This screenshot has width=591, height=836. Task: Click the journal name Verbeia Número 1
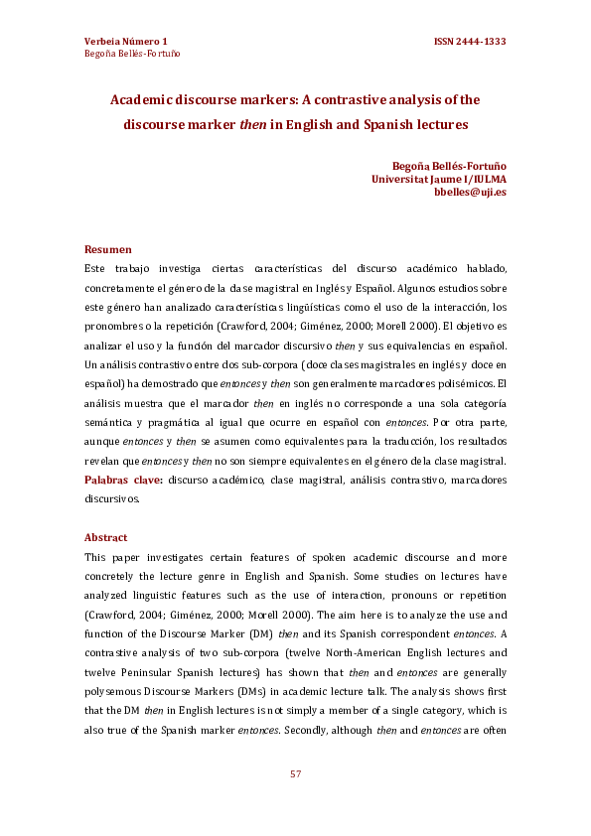tap(126, 41)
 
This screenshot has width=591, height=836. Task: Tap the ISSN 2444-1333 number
tap(470, 41)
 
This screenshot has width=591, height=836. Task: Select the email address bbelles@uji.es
tap(470, 193)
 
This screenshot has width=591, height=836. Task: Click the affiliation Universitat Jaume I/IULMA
tap(438, 179)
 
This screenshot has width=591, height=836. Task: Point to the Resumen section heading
tap(108, 249)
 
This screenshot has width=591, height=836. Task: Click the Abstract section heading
tap(106, 537)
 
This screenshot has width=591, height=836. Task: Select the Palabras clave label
tap(123, 480)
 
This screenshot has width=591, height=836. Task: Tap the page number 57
tap(295, 773)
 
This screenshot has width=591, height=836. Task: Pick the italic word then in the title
tap(252, 125)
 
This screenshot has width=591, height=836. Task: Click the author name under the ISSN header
tap(132, 54)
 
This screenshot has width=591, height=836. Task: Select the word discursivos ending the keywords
tap(111, 498)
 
